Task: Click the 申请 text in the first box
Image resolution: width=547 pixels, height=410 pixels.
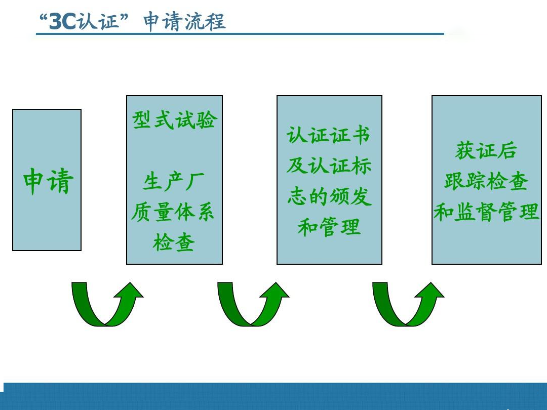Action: click(48, 181)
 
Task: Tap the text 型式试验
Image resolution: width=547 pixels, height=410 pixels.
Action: click(174, 120)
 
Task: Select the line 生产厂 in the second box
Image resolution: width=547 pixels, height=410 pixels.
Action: click(174, 181)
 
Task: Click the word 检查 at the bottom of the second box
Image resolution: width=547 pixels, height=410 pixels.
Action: click(174, 243)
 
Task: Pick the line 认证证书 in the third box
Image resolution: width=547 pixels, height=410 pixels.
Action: click(329, 136)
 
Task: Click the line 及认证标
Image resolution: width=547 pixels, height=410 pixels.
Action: click(329, 166)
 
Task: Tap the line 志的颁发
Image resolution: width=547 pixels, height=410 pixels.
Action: click(329, 196)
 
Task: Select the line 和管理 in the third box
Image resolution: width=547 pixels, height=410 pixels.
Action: click(329, 227)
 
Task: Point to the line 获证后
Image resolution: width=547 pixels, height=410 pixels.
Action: click(486, 151)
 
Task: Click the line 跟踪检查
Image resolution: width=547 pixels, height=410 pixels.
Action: click(486, 181)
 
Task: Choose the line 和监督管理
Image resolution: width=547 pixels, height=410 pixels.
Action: click(486, 212)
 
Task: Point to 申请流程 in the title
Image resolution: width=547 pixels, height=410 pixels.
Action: click(184, 22)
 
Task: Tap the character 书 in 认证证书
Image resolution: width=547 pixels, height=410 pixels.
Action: click(361, 136)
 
